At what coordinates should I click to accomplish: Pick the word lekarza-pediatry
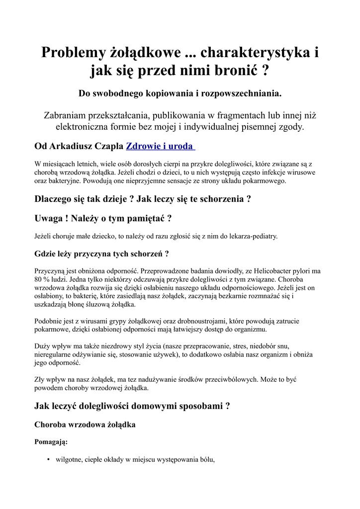(x=250, y=236)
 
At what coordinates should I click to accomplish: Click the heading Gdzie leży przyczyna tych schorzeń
(x=101, y=254)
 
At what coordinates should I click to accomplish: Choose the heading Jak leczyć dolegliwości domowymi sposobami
(x=132, y=406)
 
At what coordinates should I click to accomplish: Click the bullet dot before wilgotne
(x=48, y=459)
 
